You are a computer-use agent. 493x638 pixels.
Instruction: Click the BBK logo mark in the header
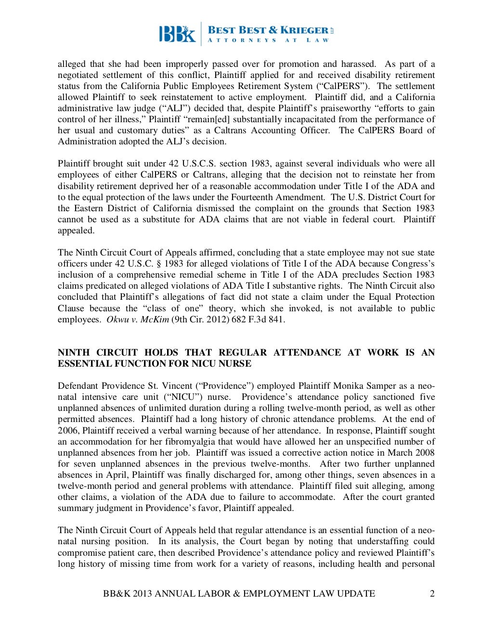[x=177, y=34]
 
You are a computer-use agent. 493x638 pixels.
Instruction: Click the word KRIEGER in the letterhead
[x=305, y=30]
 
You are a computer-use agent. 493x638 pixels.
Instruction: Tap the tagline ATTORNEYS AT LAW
[x=268, y=40]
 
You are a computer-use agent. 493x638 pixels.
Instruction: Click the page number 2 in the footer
[x=432, y=593]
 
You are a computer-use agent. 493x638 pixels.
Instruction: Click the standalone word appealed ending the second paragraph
[x=76, y=230]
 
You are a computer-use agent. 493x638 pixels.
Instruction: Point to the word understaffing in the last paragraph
[x=383, y=541]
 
